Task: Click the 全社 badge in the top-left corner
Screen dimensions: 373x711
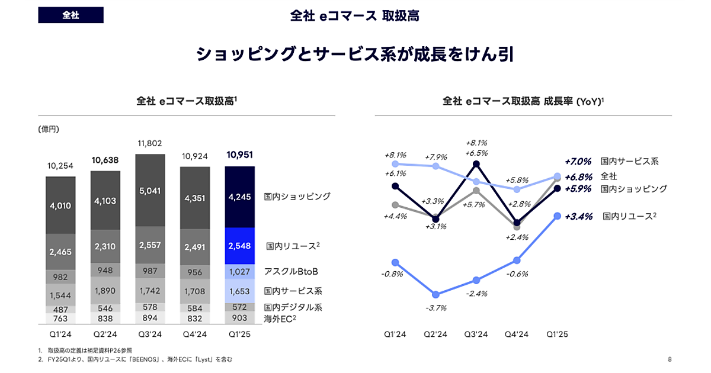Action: (71, 15)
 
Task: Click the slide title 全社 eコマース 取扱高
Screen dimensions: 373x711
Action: (355, 16)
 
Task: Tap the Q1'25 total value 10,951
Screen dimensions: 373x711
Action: (239, 155)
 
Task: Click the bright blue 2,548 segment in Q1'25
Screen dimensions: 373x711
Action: (239, 246)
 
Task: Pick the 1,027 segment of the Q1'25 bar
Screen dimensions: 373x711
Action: (239, 272)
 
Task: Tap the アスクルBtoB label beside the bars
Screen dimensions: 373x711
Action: (291, 272)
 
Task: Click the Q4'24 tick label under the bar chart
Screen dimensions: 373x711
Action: (194, 335)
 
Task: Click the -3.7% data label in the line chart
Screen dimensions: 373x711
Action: (436, 308)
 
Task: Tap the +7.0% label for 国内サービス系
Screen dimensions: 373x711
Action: (578, 161)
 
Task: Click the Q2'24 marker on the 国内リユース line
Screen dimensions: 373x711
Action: (436, 294)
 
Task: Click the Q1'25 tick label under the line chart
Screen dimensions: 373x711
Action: (557, 335)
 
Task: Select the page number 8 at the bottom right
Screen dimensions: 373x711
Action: (670, 359)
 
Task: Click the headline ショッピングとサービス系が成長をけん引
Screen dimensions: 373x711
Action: (355, 54)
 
